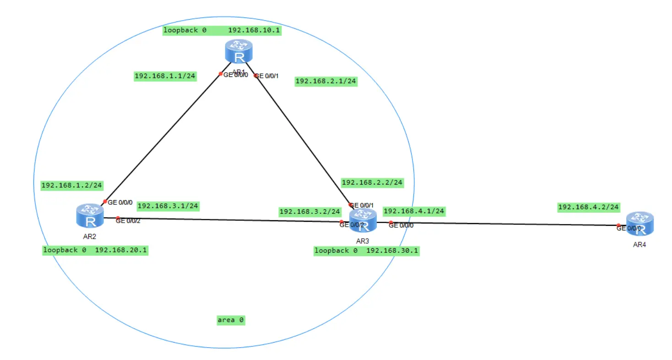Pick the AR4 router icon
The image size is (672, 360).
pos(639,223)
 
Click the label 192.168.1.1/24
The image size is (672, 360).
pos(165,76)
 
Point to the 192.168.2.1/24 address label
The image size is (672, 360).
pos(326,81)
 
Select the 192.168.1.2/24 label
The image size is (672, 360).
pos(71,185)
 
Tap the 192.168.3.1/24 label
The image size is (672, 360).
pos(168,206)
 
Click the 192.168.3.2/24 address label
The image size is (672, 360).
pos(310,212)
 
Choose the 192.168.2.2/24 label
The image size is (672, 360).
pos(372,182)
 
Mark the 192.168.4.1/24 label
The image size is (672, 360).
pos(414,211)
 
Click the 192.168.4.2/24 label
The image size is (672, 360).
pos(589,207)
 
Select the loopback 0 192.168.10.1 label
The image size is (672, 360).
pos(222,30)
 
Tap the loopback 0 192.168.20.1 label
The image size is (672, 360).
pos(95,250)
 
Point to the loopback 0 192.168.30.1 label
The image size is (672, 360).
pos(367,251)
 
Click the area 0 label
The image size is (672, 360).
pos(231,320)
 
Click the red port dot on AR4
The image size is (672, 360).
pos(618,225)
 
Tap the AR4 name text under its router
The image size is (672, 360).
pos(639,245)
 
